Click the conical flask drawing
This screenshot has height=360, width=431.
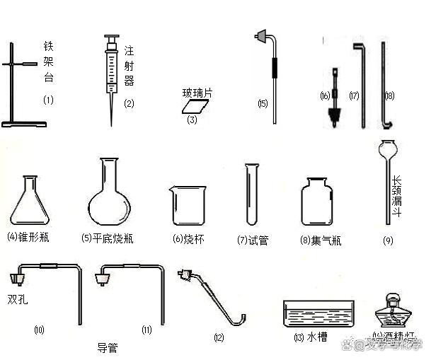(x=32, y=202)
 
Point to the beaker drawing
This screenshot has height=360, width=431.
(x=187, y=205)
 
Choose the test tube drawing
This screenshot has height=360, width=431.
(x=251, y=194)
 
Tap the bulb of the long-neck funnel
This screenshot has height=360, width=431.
(x=387, y=151)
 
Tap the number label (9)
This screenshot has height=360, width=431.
(x=388, y=240)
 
